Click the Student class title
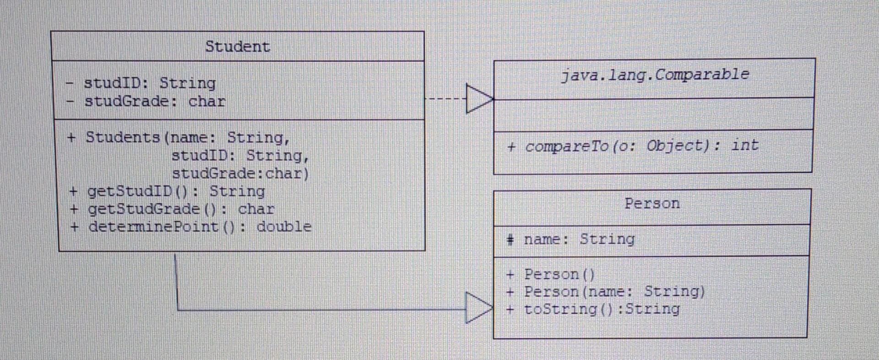coord(237,47)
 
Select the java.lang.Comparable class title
coord(655,75)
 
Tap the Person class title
coord(652,203)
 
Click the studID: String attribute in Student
coord(149,83)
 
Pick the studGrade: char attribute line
coord(154,101)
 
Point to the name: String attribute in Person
coord(579,239)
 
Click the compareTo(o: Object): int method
coord(633,146)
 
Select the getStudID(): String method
coord(176,191)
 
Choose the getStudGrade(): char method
coord(181,209)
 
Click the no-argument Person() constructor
coord(559,274)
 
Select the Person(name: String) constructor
coord(614,292)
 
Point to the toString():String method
coord(601,309)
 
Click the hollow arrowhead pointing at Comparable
coord(479,98)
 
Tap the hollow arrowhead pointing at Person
coord(478,308)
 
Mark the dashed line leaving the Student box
coord(445,99)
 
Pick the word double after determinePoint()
coord(284,227)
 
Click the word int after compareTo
coord(744,145)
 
